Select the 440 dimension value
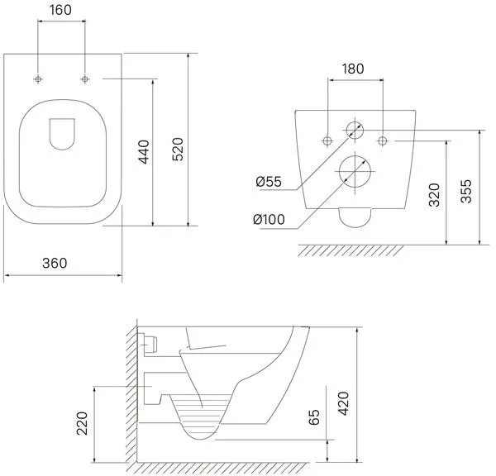[x=143, y=153]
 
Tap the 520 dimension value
[x=177, y=147]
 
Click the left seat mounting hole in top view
[x=39, y=79]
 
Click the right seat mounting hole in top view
[x=85, y=79]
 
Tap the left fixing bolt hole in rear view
[x=328, y=137]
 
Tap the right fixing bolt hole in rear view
[x=383, y=137]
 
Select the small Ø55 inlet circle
[x=355, y=130]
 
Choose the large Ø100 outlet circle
[x=355, y=170]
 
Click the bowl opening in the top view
[x=62, y=157]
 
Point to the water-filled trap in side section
[x=202, y=418]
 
